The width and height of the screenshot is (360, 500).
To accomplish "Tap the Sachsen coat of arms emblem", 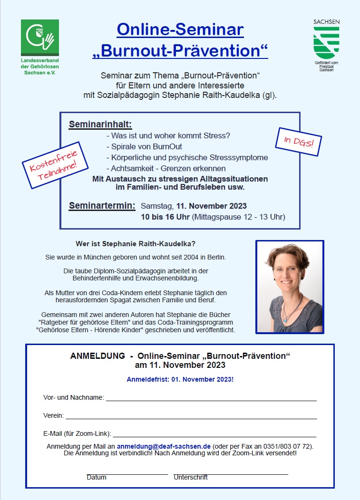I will click(326, 43).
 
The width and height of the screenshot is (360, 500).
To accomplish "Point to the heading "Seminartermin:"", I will click(102, 206).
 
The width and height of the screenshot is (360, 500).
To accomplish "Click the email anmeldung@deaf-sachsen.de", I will click(164, 446).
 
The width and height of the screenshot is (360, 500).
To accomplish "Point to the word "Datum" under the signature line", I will click(97, 477).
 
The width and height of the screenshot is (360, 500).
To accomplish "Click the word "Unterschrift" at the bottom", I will click(191, 477).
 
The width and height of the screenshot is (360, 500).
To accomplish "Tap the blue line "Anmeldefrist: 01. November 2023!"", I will click(180, 380).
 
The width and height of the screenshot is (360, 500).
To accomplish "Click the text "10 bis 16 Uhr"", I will click(165, 218).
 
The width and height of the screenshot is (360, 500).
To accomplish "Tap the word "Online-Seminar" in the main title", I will click(180, 30).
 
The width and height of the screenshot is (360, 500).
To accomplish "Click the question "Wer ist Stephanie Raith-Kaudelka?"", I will click(136, 244).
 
